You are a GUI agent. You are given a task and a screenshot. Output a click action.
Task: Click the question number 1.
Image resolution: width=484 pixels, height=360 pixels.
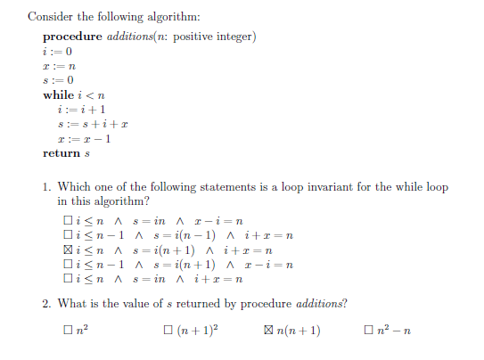45,187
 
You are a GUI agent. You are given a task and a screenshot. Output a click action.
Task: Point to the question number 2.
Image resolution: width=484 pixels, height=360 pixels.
45,304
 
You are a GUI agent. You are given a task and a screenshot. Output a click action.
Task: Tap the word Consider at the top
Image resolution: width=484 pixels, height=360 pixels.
50,17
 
